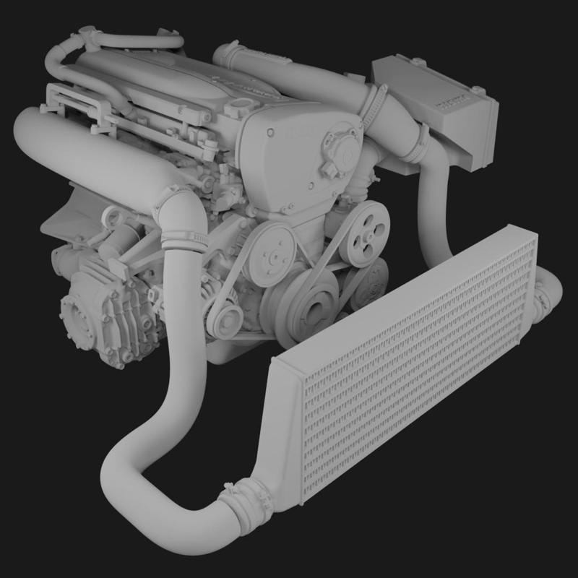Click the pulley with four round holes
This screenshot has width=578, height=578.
(x=363, y=236)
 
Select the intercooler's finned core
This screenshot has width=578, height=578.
(x=419, y=361)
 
